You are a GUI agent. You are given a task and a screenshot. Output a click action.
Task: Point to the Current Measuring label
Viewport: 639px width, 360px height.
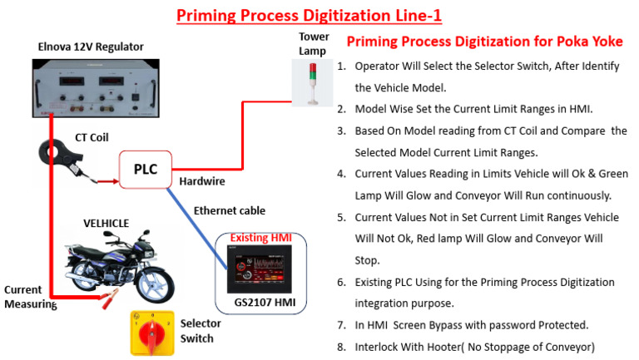(x=29, y=297)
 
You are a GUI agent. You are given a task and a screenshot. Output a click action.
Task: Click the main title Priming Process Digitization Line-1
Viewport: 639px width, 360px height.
(x=319, y=14)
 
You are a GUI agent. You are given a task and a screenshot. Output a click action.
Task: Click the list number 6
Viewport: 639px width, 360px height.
(x=341, y=283)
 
